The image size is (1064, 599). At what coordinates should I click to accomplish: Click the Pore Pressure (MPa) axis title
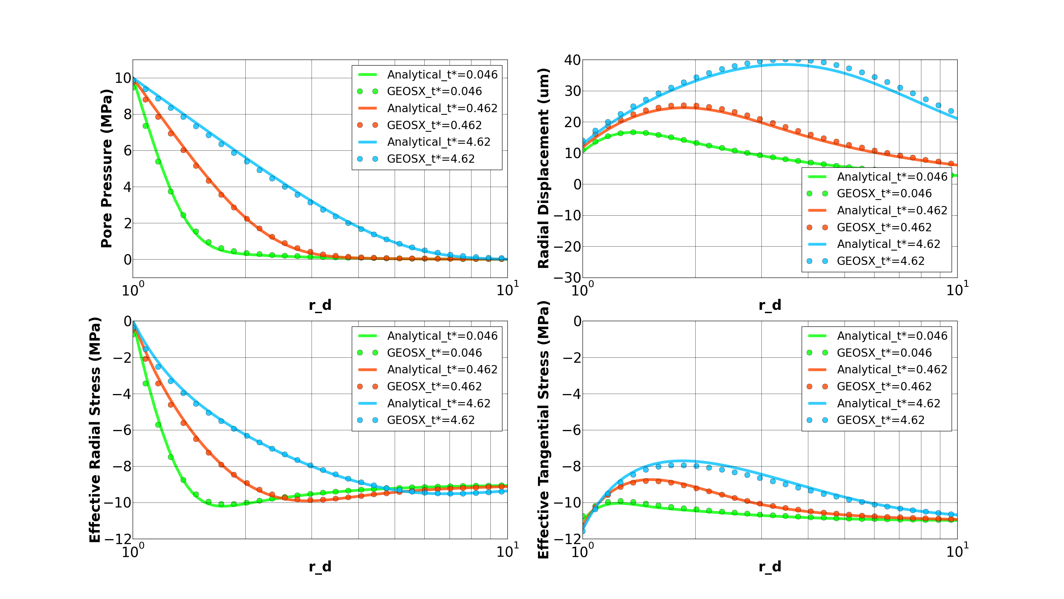coord(106,168)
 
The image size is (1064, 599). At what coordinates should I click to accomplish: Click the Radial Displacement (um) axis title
coord(544,168)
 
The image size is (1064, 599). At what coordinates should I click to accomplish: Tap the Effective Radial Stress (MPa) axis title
coord(95,430)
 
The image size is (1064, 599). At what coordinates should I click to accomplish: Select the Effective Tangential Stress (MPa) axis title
coord(544,430)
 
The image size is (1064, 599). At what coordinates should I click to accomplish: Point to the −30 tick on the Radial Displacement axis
coord(568,278)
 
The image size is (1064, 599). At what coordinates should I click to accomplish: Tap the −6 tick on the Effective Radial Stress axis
coord(122,430)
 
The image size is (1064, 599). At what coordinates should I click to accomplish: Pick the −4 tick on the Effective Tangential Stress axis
coord(572,394)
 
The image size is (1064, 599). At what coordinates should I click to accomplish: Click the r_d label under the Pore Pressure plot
coord(320,305)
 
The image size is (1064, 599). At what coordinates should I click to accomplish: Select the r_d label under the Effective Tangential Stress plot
coord(770,566)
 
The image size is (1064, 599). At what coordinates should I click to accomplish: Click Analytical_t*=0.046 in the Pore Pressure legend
coord(442,75)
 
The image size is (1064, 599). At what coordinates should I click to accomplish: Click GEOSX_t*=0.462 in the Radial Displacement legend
coord(884,227)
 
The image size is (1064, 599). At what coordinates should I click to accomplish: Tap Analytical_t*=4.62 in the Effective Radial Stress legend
coord(438,403)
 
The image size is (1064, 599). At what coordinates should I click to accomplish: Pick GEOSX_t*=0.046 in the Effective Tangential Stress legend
coord(884,353)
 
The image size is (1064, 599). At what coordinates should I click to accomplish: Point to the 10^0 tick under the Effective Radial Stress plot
coord(133,551)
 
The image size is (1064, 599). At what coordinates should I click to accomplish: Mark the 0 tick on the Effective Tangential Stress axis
coord(578,321)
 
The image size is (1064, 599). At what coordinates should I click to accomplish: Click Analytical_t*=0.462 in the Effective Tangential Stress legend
coord(892,370)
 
